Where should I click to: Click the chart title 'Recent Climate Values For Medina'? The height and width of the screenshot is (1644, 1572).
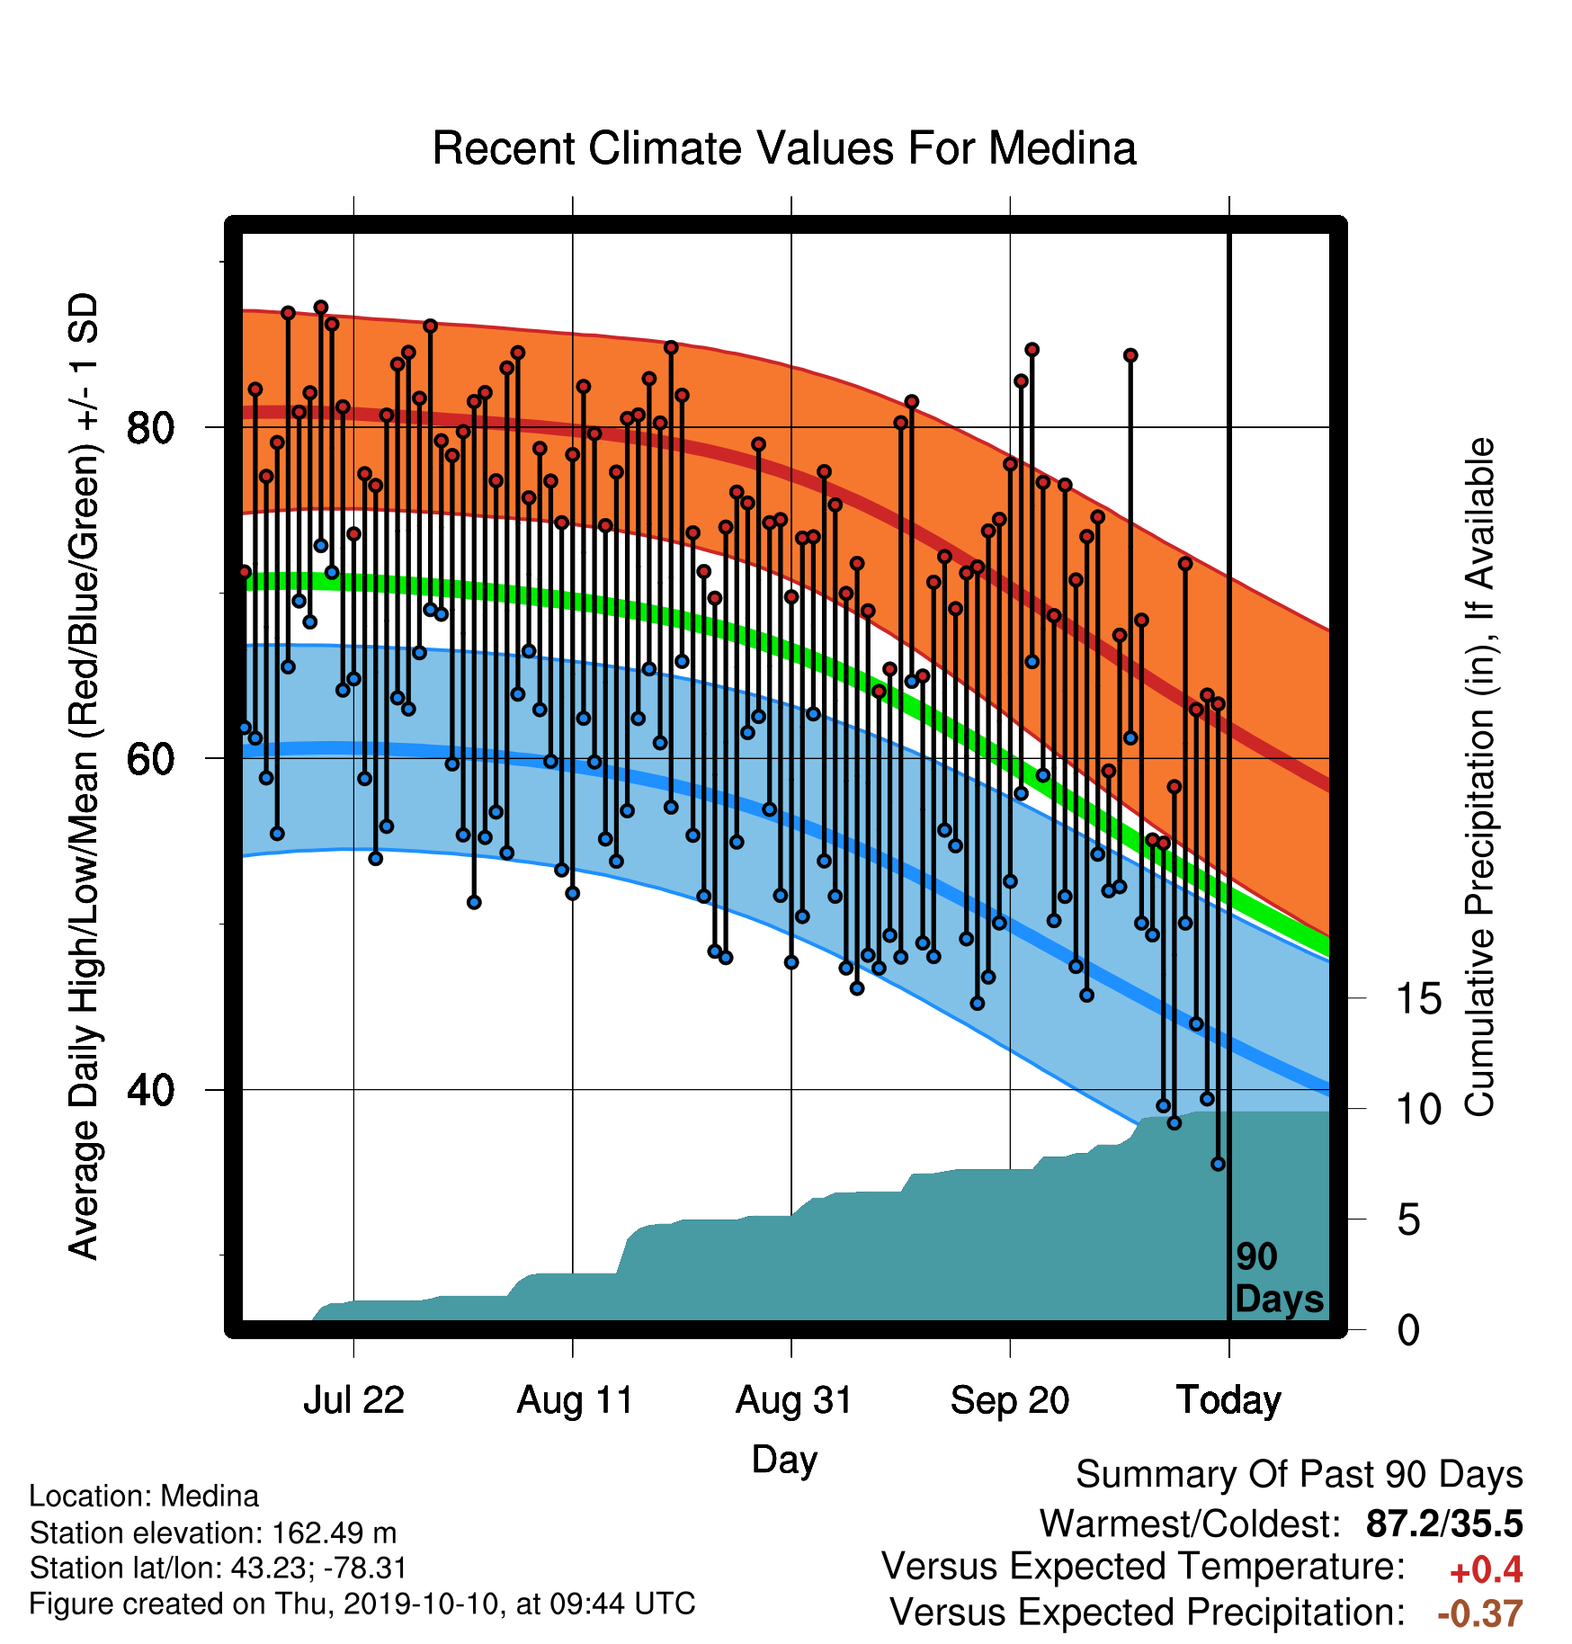click(784, 148)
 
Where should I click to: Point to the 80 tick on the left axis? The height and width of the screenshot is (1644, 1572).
click(149, 427)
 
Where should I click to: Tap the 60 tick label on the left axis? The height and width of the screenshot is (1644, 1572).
click(149, 758)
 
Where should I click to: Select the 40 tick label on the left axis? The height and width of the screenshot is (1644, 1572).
click(149, 1090)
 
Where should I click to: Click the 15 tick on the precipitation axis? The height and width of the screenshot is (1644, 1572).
click(1418, 998)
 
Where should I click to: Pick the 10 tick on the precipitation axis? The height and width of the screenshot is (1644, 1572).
click(1418, 1109)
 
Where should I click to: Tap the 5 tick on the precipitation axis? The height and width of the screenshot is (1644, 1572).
click(1408, 1220)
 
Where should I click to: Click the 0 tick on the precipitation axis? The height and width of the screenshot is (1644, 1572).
click(1408, 1329)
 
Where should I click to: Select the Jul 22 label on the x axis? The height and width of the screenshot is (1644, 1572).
click(353, 1400)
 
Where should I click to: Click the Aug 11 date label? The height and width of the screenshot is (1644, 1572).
click(575, 1400)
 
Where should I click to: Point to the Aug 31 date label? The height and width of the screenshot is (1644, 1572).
click(793, 1400)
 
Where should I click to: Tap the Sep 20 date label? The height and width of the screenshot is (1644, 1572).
click(1010, 1400)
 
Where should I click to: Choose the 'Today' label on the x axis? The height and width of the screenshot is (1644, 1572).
click(1228, 1400)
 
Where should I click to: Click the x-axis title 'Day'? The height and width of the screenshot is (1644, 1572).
click(784, 1460)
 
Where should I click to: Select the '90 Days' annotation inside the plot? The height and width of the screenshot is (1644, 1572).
click(1279, 1278)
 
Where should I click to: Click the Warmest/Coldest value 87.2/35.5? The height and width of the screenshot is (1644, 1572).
click(1444, 1523)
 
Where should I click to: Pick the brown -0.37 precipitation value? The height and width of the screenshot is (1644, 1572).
click(1480, 1613)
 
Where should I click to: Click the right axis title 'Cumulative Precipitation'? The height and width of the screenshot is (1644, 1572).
click(1479, 777)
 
